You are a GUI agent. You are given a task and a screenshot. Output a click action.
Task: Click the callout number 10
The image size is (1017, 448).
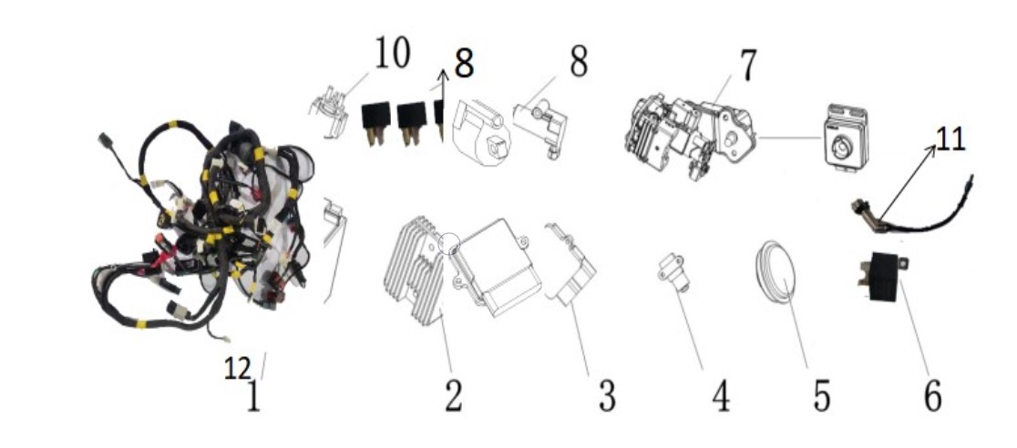click(x=392, y=53)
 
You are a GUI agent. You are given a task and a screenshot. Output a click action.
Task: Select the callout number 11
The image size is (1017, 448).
click(x=950, y=139)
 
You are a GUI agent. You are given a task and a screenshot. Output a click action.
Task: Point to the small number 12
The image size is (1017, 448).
click(x=237, y=369)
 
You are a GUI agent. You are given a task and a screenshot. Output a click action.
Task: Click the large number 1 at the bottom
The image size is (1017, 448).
click(x=253, y=396)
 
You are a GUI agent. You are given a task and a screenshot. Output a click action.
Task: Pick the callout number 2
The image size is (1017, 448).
click(x=454, y=395)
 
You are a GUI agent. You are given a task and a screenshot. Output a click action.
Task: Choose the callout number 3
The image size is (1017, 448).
click(x=606, y=396)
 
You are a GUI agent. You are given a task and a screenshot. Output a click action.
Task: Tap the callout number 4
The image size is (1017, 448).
click(x=720, y=396)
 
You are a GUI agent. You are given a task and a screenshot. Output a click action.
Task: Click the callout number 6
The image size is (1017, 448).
click(x=932, y=396)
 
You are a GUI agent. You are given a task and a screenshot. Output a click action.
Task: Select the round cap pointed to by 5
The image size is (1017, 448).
click(x=776, y=271)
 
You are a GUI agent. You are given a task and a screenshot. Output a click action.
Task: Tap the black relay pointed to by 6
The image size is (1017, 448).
click(x=882, y=277)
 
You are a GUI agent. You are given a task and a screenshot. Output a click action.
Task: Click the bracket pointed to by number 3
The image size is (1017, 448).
click(x=570, y=266)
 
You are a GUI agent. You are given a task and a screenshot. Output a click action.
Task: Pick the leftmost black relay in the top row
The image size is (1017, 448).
click(x=375, y=123)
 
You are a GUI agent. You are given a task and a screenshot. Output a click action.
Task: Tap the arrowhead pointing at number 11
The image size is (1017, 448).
click(x=931, y=149)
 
